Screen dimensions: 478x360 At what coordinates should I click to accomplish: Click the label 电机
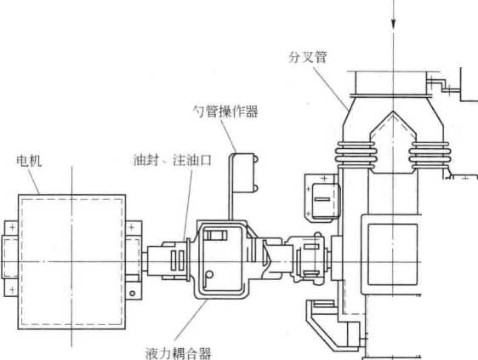click(x=29, y=161)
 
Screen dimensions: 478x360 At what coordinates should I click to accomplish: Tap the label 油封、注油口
click(x=173, y=160)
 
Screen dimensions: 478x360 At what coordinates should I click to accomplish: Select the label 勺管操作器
click(x=226, y=111)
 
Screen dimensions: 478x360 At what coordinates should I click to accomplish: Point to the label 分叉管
click(x=308, y=57)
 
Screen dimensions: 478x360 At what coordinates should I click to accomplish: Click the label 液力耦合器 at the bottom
click(x=179, y=353)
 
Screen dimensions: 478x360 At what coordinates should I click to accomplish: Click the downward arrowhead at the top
click(x=393, y=23)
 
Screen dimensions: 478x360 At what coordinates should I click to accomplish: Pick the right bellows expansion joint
click(x=429, y=155)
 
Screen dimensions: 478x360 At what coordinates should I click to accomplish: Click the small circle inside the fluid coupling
click(x=209, y=275)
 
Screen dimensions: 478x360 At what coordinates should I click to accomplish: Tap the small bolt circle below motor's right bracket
click(x=133, y=294)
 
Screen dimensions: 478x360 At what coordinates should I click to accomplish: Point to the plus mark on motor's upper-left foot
click(x=13, y=227)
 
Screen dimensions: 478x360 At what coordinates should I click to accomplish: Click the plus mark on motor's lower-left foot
click(x=12, y=289)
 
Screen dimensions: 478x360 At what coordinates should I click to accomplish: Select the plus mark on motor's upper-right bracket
click(x=132, y=227)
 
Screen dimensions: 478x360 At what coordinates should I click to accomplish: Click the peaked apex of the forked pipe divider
click(x=393, y=111)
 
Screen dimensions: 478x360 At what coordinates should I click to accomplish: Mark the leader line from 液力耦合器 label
click(x=191, y=320)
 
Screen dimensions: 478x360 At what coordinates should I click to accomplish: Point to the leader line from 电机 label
click(x=34, y=182)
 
